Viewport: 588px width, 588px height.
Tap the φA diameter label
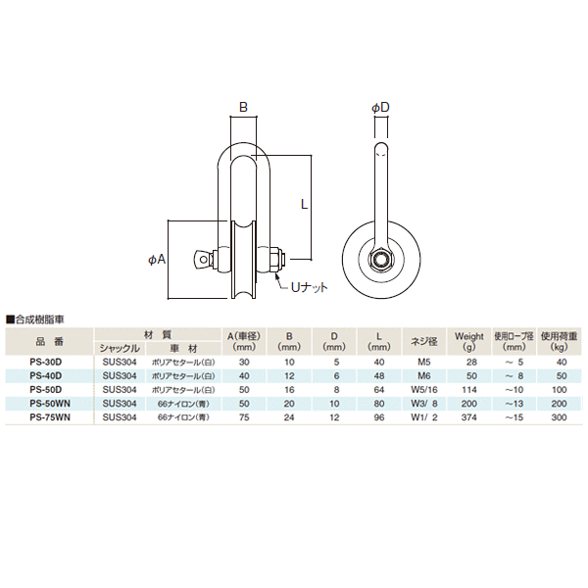click(156, 260)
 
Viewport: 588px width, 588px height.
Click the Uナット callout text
click(308, 286)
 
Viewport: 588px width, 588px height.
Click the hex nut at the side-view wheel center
click(379, 261)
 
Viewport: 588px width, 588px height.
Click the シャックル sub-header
click(120, 348)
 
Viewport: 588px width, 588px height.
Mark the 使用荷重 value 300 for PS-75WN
click(560, 416)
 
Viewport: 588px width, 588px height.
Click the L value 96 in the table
click(378, 416)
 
